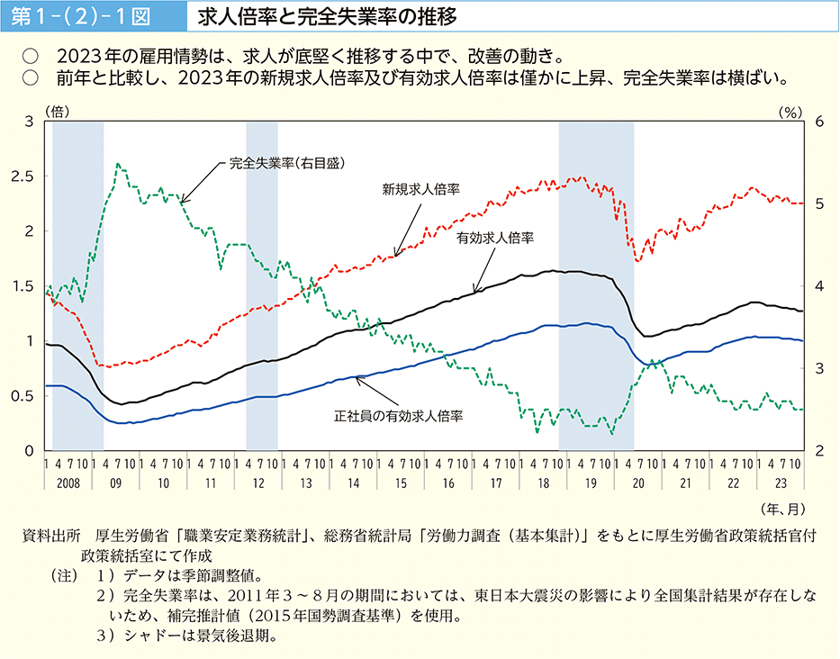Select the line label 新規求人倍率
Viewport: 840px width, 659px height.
pos(420,190)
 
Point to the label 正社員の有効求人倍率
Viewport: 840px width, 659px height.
pos(398,416)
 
